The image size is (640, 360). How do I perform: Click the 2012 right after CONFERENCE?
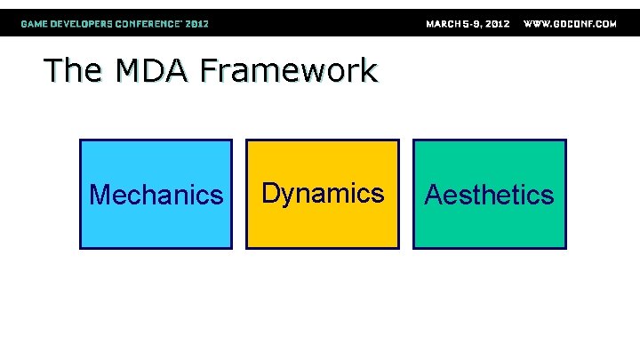pos(197,24)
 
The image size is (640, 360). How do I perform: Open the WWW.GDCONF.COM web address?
pos(570,24)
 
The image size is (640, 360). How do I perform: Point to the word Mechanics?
pos(156,195)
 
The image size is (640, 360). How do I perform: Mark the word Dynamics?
pos(323,193)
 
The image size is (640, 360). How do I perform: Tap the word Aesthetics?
pos(489,195)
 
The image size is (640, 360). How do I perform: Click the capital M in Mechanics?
pos(100,195)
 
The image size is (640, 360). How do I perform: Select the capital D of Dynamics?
pos(270,193)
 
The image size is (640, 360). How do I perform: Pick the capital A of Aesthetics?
pos(434,195)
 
